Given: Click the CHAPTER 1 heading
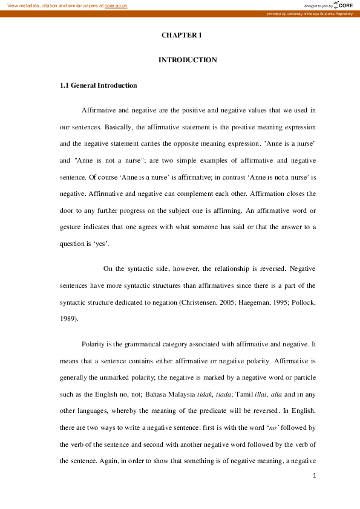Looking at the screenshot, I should click(x=181, y=36).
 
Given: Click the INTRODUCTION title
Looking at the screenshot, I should click(x=187, y=60).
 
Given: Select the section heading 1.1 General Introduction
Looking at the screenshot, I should click(x=99, y=86).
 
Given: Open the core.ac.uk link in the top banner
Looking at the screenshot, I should click(x=116, y=5).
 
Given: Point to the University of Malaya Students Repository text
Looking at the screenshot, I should click(x=321, y=13).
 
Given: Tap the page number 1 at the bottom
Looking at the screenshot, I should click(x=315, y=476).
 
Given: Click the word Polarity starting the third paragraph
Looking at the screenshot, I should click(x=94, y=345).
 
